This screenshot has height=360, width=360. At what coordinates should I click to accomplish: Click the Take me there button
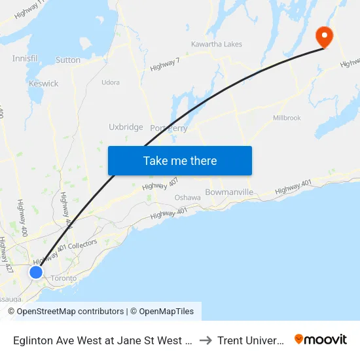pyautogui.click(x=179, y=160)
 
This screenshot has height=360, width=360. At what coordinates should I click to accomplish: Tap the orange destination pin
pyautogui.click(x=323, y=36)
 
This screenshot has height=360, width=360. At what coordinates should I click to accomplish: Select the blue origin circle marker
pyautogui.click(x=36, y=272)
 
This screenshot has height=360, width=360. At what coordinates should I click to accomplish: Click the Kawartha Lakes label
pyautogui.click(x=217, y=45)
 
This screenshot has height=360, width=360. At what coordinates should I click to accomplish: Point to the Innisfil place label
pyautogui.click(x=25, y=59)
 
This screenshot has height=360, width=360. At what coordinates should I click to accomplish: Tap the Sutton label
pyautogui.click(x=68, y=60)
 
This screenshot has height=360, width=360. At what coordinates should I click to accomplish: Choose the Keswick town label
pyautogui.click(x=44, y=84)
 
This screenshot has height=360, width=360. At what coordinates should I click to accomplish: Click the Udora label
pyautogui.click(x=111, y=82)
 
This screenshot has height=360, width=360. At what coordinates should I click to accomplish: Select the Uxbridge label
pyautogui.click(x=126, y=127)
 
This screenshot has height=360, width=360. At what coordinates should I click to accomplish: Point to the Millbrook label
pyautogui.click(x=287, y=118)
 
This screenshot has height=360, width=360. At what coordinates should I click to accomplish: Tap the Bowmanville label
pyautogui.click(x=229, y=192)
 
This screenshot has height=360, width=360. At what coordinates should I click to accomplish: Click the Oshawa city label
pyautogui.click(x=187, y=198)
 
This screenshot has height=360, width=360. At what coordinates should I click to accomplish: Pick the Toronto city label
pyautogui.click(x=63, y=278)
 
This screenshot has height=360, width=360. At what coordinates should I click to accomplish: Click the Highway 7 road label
pyautogui.click(x=165, y=64)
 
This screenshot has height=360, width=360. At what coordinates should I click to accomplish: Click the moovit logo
pyautogui.click(x=321, y=339)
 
